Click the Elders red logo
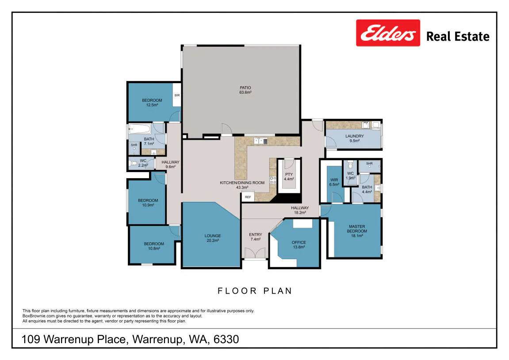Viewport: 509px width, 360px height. [388, 33]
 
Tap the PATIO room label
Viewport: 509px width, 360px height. [245, 88]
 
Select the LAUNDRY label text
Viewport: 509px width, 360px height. [355, 136]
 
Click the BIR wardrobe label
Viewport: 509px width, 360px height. [177, 95]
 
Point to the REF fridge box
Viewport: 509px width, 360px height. [248, 197]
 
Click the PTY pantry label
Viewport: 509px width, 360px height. [289, 174]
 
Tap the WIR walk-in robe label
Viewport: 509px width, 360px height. [334, 180]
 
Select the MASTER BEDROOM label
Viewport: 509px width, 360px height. [357, 229]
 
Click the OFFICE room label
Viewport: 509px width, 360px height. [299, 242]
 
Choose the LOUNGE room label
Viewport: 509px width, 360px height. [213, 236]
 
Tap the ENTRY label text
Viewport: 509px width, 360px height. [256, 234]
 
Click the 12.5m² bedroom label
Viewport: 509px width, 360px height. [152, 105]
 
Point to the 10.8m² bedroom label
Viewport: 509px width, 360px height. [154, 249]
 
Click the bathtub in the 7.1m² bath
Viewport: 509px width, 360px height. [140, 129]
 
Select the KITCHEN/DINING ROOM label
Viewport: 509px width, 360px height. [242, 183]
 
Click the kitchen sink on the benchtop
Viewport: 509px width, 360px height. [260, 141]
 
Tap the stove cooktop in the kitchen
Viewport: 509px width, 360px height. [273, 180]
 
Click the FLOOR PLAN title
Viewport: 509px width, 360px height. [255, 291]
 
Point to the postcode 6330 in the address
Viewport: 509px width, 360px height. [226, 339]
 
